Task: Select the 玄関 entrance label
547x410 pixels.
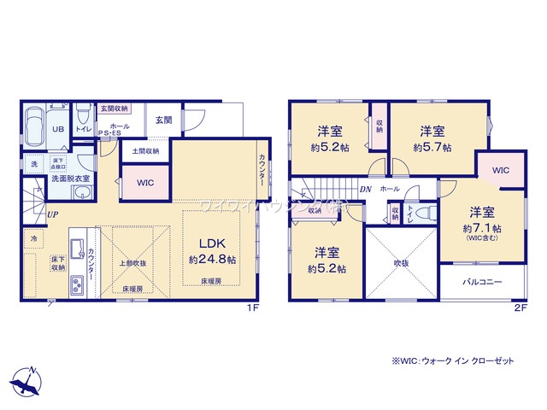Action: (x=163, y=120)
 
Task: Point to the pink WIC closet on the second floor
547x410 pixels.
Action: (x=500, y=171)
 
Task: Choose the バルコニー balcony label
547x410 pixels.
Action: (x=483, y=281)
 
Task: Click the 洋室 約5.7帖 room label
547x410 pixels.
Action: (x=432, y=139)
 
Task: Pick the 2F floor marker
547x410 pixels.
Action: (x=521, y=307)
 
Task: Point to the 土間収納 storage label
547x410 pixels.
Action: (x=145, y=151)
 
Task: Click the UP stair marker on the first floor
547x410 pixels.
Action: (x=53, y=214)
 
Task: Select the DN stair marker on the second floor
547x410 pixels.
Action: (x=365, y=189)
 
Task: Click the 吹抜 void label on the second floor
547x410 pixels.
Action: (x=402, y=263)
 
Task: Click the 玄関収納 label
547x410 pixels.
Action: (x=114, y=108)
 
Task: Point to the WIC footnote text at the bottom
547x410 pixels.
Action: (x=452, y=360)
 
